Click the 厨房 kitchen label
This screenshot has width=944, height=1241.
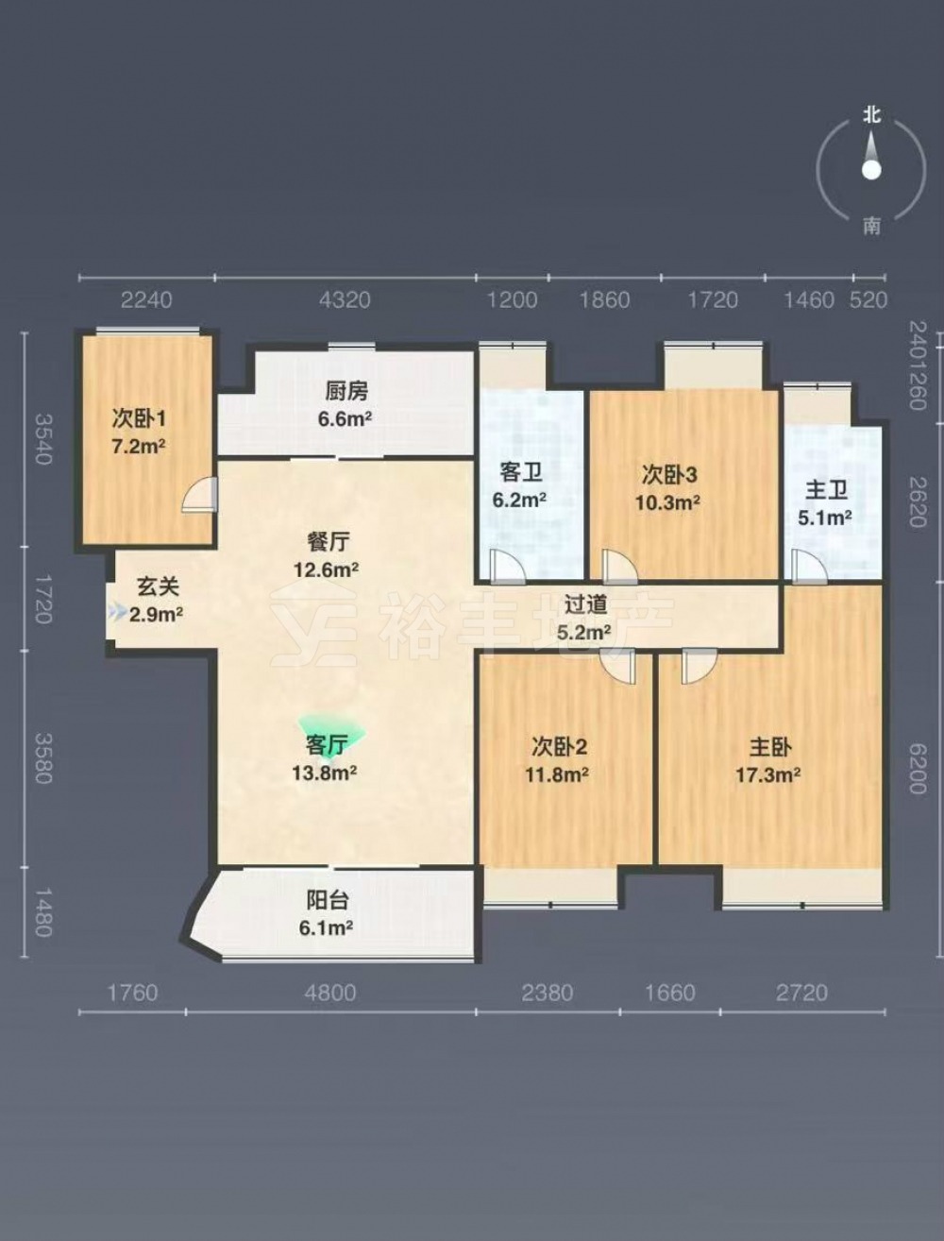(x=346, y=390)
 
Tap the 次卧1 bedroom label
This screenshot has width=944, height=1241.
(x=139, y=419)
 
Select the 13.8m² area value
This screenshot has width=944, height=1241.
(x=325, y=773)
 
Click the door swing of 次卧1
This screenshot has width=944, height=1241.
(x=199, y=495)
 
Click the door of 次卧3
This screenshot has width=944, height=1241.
(x=619, y=567)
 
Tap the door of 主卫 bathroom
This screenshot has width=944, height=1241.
(x=810, y=567)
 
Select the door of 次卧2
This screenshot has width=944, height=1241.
(x=618, y=666)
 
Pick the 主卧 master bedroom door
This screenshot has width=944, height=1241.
(x=700, y=666)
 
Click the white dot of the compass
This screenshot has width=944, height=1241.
(x=871, y=170)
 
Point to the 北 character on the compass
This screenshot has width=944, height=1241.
(x=871, y=115)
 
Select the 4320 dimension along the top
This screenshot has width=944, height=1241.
(x=345, y=299)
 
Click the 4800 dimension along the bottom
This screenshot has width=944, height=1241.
(x=330, y=993)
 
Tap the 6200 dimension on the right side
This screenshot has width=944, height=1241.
(x=918, y=769)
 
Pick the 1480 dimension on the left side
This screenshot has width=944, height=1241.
(x=43, y=912)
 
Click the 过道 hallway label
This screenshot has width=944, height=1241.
(x=586, y=604)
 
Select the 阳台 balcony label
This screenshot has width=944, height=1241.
(x=327, y=901)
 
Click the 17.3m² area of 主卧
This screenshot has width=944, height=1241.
(x=767, y=774)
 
